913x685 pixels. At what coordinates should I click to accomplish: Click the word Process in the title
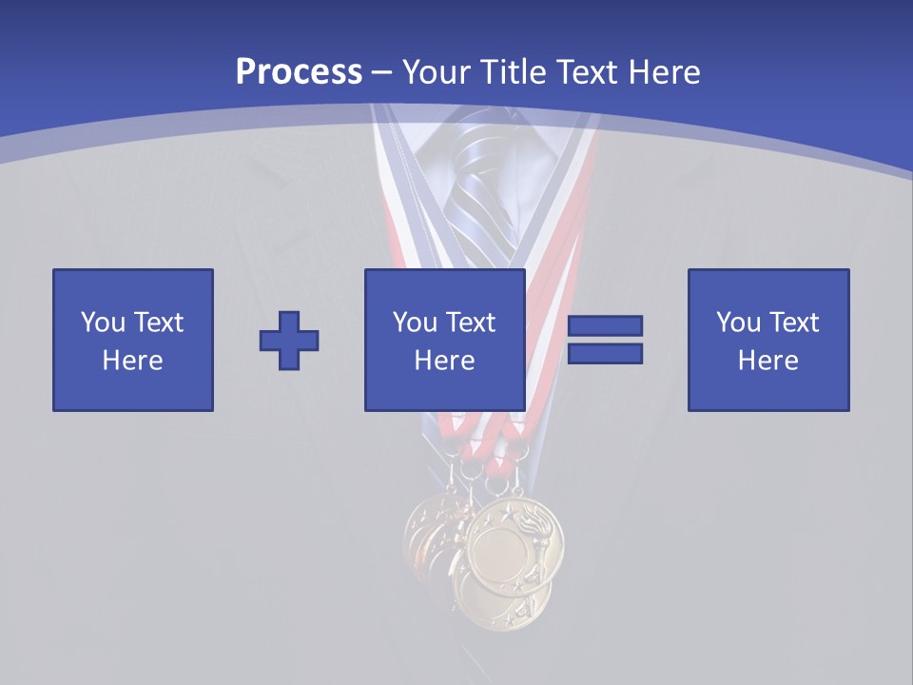[299, 72]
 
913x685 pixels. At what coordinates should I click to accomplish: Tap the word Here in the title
[664, 72]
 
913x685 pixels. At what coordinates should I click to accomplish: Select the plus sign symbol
[289, 341]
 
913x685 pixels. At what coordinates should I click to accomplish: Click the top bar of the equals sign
[605, 326]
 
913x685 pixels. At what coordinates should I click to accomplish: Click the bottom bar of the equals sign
[605, 354]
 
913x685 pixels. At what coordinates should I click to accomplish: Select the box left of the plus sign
[133, 340]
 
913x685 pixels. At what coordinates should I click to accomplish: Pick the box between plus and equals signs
[445, 340]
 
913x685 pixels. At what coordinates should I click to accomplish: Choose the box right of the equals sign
[768, 340]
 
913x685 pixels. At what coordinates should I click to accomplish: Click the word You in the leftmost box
[103, 323]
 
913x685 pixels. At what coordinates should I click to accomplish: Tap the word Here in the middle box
[445, 361]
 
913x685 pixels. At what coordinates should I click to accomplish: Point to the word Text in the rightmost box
[795, 323]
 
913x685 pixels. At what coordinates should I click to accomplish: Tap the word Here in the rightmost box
[768, 361]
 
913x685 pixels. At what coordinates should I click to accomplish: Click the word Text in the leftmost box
[159, 323]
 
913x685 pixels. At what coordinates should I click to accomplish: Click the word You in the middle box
[415, 323]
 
